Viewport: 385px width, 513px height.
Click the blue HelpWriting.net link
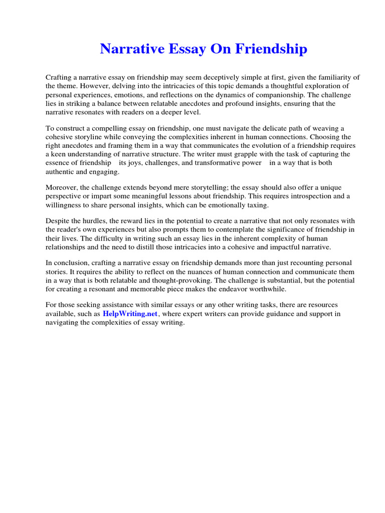[x=130, y=314]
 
